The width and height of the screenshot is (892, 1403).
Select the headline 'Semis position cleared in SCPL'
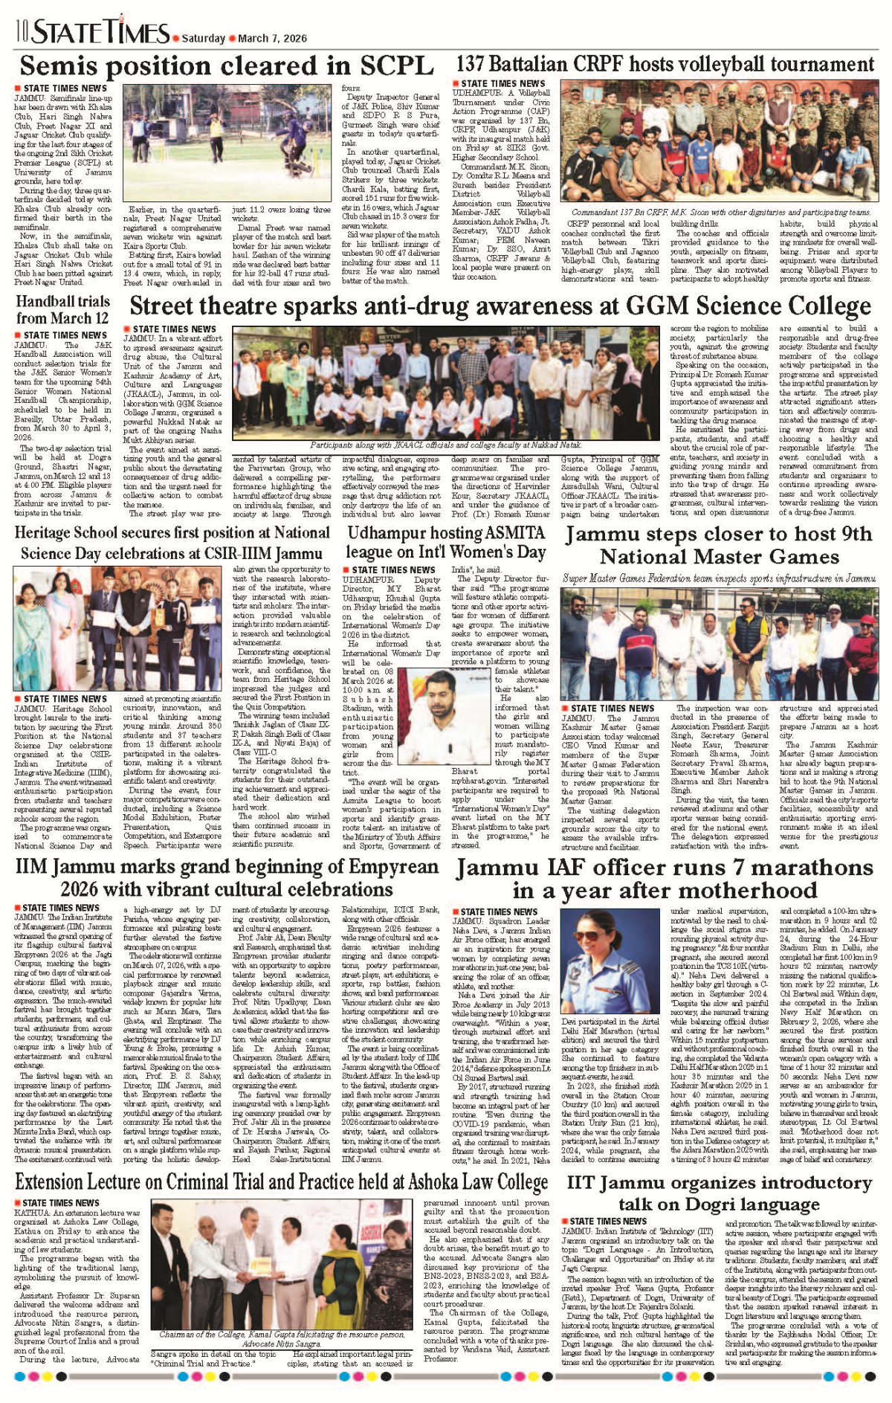click(227, 66)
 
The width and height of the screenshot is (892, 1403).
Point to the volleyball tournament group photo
click(719, 143)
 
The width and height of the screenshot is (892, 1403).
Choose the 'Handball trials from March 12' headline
click(63, 310)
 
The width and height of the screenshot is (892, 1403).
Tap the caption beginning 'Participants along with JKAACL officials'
click(445, 445)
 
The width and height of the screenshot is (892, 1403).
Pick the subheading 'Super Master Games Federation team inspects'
click(719, 578)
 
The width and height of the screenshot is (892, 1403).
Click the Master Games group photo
click(719, 643)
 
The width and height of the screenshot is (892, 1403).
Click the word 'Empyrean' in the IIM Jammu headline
click(393, 867)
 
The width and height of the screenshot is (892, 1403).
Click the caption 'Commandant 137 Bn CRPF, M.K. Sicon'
click(716, 212)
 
